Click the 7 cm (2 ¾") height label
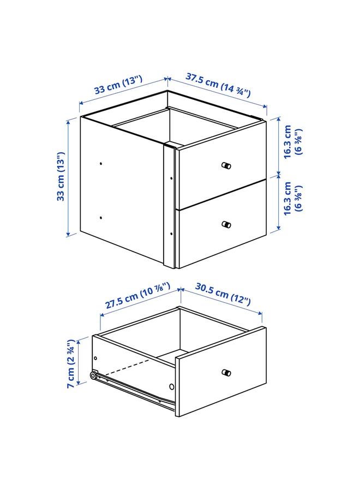[x=71, y=363]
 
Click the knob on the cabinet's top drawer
[x=226, y=165]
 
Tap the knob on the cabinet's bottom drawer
[x=226, y=224]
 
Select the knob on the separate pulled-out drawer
[x=226, y=373]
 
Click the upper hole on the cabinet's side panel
[x=101, y=163]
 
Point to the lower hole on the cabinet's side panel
[x=101, y=218]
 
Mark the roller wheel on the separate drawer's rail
[x=94, y=376]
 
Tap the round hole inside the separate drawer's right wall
[x=172, y=386]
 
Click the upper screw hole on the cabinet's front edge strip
[x=171, y=177]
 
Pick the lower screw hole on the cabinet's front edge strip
[x=171, y=233]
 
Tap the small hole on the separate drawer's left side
[x=96, y=358]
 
